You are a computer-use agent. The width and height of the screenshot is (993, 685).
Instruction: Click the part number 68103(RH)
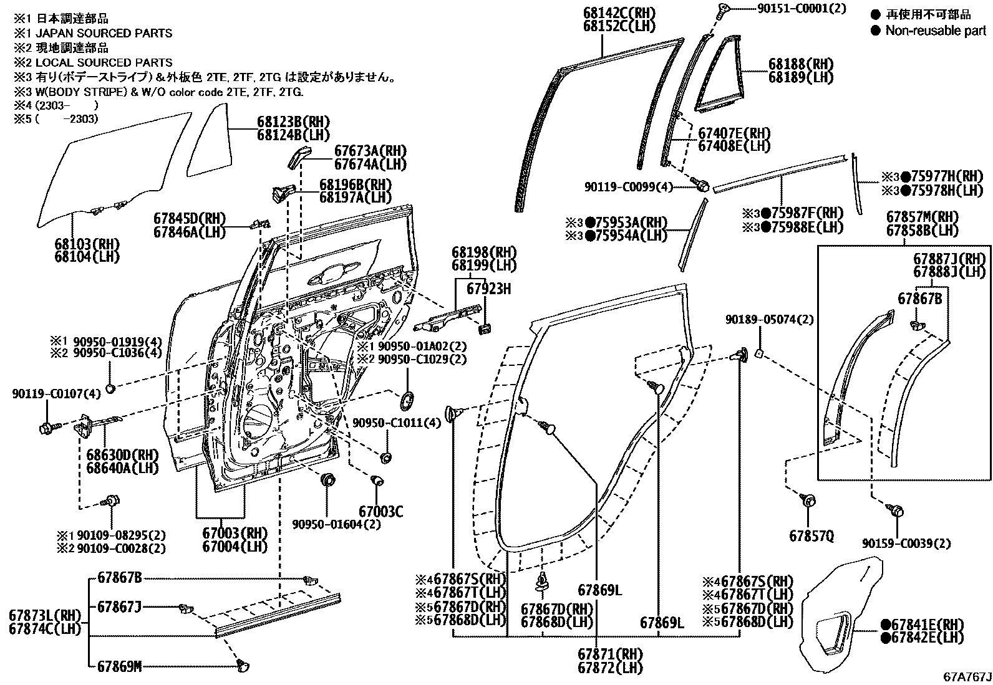87,244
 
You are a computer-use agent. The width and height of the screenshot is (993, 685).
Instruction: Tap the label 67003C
380,512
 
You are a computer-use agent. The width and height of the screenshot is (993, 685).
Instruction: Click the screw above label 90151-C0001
724,9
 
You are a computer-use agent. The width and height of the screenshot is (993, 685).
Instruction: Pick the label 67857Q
810,535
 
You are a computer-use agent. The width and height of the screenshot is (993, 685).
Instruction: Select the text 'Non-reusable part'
935,31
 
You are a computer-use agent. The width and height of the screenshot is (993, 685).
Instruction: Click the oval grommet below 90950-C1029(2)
406,400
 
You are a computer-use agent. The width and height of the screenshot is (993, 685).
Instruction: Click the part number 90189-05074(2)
769,319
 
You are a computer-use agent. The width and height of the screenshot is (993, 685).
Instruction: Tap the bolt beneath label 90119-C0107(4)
47,428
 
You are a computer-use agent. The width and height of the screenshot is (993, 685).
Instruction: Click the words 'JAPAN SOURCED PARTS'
104,33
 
